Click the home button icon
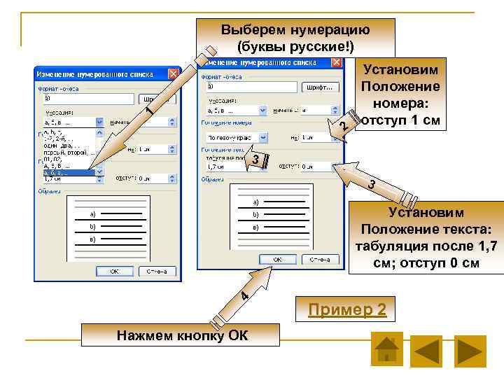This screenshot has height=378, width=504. pos(386,349)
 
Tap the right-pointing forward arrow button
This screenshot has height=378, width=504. pos(470,351)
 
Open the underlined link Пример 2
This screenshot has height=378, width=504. pos(349,309)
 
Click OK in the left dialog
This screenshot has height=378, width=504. pos(113,271)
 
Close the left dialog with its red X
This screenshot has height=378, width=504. pos(174,73)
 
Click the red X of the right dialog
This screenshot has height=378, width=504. pos(337,61)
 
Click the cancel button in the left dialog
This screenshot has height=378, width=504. pos(155,271)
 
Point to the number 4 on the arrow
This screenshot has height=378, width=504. pos(242,297)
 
